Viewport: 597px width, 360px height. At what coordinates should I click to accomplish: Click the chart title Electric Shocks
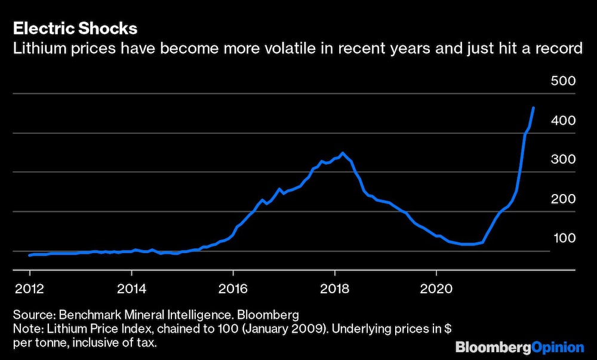(x=75, y=28)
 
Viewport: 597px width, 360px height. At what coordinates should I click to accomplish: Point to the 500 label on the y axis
(x=563, y=81)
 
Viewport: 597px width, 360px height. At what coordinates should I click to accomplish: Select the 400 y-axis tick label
(x=563, y=121)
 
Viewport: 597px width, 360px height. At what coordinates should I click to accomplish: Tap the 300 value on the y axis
(x=563, y=159)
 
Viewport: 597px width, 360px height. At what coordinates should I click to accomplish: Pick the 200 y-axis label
(x=563, y=199)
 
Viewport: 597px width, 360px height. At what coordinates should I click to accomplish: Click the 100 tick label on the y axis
(x=563, y=238)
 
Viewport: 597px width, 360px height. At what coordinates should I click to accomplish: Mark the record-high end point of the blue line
(x=533, y=108)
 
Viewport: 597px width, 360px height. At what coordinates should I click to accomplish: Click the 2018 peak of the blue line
(x=342, y=153)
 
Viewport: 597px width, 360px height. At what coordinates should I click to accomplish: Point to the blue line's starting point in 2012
(x=30, y=255)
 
